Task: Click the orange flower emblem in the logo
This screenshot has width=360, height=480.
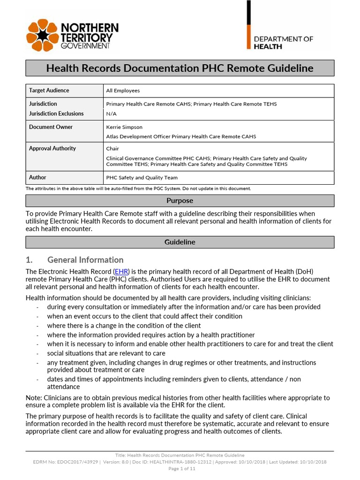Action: click(x=44, y=36)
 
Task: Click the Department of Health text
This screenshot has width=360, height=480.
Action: click(x=284, y=43)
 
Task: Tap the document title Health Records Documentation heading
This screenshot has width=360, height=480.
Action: click(x=180, y=68)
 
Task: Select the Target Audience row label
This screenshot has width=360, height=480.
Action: click(x=49, y=90)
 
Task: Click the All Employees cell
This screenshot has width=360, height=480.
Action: click(x=123, y=91)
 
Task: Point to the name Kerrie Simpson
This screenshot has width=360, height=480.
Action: click(x=124, y=127)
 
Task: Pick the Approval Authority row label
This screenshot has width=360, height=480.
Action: click(x=52, y=149)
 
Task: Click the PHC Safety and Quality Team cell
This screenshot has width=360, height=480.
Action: click(x=142, y=178)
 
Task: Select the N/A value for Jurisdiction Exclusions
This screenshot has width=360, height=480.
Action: click(x=112, y=114)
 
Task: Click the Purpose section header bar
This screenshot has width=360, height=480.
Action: click(x=180, y=201)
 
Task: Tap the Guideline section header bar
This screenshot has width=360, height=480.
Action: click(x=180, y=242)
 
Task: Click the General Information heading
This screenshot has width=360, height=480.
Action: click(x=85, y=260)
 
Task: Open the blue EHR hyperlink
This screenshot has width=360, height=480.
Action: click(x=121, y=271)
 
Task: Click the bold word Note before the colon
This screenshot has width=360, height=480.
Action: click(x=34, y=398)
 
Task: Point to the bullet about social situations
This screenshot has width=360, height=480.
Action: click(x=106, y=353)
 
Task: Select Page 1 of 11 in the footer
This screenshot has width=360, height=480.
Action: click(x=180, y=468)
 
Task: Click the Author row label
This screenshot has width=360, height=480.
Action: click(x=37, y=178)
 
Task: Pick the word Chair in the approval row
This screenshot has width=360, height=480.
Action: click(x=113, y=149)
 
